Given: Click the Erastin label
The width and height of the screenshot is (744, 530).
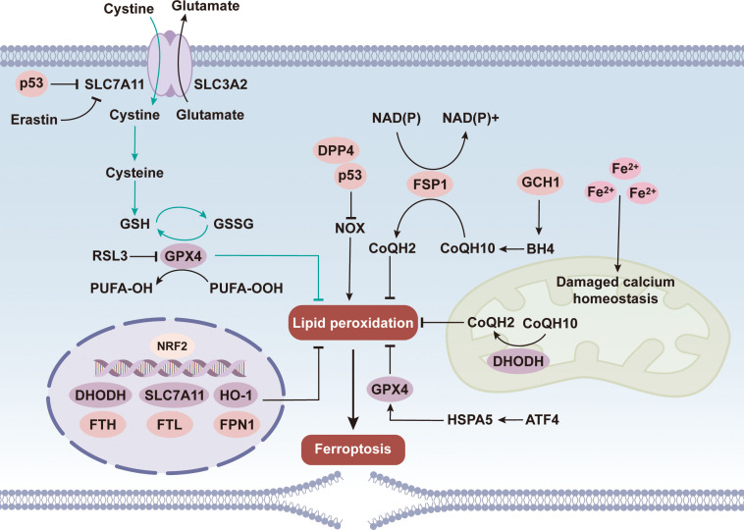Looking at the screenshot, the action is pos(34,120).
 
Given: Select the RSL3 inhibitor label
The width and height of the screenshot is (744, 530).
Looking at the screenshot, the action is pos(110,256).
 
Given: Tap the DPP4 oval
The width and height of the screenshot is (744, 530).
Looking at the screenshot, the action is pos(336,151).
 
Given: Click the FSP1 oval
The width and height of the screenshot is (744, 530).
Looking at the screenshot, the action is pos(430,185).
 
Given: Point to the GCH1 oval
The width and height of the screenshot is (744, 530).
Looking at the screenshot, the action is pos(541,183).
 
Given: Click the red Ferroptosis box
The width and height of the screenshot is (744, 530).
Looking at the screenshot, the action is pos(353,450).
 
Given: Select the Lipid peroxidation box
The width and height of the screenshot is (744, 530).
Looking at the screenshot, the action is pos(353,324).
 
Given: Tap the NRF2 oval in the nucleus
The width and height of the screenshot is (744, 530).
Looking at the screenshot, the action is pos(172,346).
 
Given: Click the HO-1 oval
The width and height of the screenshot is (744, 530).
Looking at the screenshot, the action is pos(236,395).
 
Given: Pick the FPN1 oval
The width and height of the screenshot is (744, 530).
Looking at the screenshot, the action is pos(237,424).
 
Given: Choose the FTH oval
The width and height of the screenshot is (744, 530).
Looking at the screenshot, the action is pos(103,424).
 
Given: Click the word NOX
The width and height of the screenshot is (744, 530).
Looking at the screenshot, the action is pos(350,229).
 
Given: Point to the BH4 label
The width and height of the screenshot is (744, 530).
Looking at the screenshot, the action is pos(541,248).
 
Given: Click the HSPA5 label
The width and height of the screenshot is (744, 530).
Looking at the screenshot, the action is pos(470,420).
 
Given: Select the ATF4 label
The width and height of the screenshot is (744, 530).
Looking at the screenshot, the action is pos(542,420).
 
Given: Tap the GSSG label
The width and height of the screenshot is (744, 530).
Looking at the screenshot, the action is pos(234,224).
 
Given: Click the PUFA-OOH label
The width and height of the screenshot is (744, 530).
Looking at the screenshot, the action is pos(246,288).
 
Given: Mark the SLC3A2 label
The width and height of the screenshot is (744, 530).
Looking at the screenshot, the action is pos(221,84).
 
